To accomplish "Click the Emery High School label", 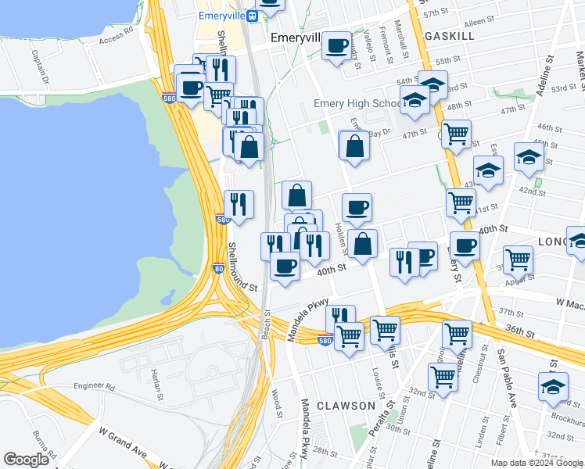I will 359,104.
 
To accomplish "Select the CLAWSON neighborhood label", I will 346,406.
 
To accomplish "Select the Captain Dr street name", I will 38,67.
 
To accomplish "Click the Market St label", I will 579,70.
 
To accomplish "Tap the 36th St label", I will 520,332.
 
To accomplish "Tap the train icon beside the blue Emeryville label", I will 252,16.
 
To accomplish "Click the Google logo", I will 27,460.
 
